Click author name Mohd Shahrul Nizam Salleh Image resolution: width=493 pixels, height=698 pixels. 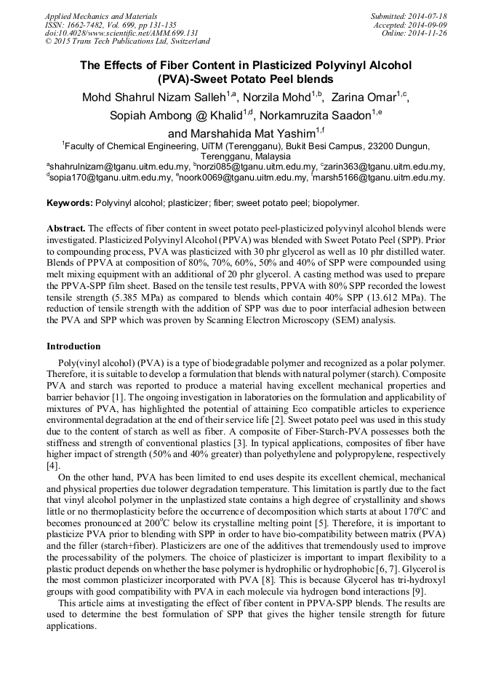click(x=158, y=96)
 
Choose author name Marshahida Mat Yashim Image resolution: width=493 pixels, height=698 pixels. click(x=231, y=133)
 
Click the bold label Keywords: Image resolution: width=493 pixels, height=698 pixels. click(x=69, y=203)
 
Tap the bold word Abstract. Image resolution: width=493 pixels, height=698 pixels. click(x=65, y=227)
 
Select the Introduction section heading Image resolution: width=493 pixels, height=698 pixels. click(x=73, y=346)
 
